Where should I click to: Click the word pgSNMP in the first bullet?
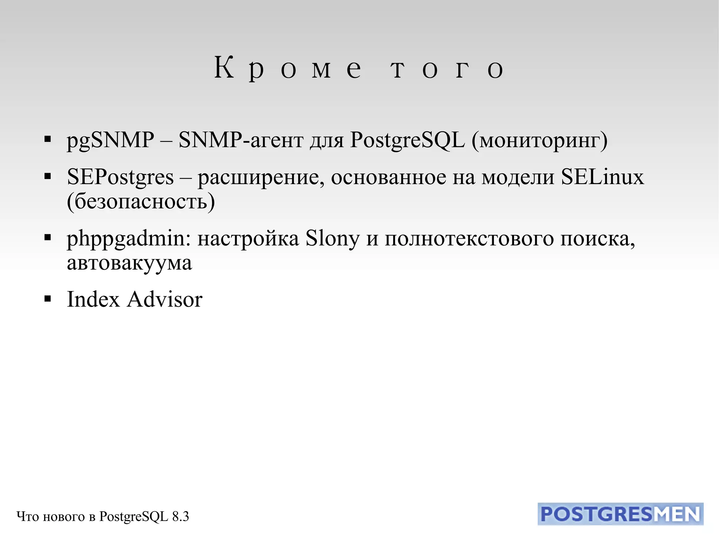tap(110, 140)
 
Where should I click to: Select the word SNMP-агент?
tap(241, 140)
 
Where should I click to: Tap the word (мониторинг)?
tap(539, 140)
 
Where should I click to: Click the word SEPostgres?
tap(120, 177)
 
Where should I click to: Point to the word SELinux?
tap(602, 177)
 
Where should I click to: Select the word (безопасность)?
tap(141, 202)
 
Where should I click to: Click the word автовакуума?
tap(129, 263)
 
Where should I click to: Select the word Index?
tap(93, 300)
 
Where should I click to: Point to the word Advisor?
tap(165, 300)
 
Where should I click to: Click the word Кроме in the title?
tap(288, 68)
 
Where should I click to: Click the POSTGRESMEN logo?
tap(620, 514)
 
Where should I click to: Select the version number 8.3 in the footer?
tap(180, 517)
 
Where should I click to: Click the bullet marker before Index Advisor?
tap(48, 299)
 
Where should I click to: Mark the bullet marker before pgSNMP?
tap(48, 139)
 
